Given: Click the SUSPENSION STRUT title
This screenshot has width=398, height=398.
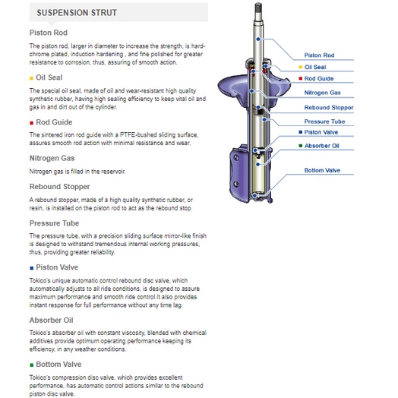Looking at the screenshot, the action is point(77,13).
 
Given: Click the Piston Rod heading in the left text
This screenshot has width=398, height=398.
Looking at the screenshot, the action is point(49,33).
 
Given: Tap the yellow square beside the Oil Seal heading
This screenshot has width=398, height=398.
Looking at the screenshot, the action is point(31,78).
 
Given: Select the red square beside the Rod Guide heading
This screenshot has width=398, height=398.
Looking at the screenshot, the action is point(31,123).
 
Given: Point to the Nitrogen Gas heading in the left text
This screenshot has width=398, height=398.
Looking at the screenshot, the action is point(52,158).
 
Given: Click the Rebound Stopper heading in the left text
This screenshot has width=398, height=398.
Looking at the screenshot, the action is point(60,187).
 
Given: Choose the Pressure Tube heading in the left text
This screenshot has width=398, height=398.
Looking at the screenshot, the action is point(55,223).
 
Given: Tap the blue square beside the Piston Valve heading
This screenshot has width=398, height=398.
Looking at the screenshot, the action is point(31,268).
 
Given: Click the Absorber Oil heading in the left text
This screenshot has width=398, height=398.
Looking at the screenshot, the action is point(52,320).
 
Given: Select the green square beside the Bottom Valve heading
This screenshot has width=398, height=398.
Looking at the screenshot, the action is point(31,365).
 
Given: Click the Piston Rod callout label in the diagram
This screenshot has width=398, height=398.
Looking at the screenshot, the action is point(319,55).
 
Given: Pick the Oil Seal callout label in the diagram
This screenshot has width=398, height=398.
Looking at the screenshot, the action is point(315,67).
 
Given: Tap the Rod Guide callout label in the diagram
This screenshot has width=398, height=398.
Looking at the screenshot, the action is point(319,79).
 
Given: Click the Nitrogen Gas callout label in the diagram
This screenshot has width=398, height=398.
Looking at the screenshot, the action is point(322,93).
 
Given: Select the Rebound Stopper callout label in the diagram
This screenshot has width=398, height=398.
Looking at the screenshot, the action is point(329,108).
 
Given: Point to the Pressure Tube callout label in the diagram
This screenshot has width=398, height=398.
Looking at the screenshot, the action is point(324,122).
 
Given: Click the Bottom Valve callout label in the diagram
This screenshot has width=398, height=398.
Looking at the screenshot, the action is point(322,170).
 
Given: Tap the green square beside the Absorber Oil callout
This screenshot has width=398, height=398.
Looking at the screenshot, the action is point(301,146).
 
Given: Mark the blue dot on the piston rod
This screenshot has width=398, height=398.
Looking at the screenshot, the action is point(258,39).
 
